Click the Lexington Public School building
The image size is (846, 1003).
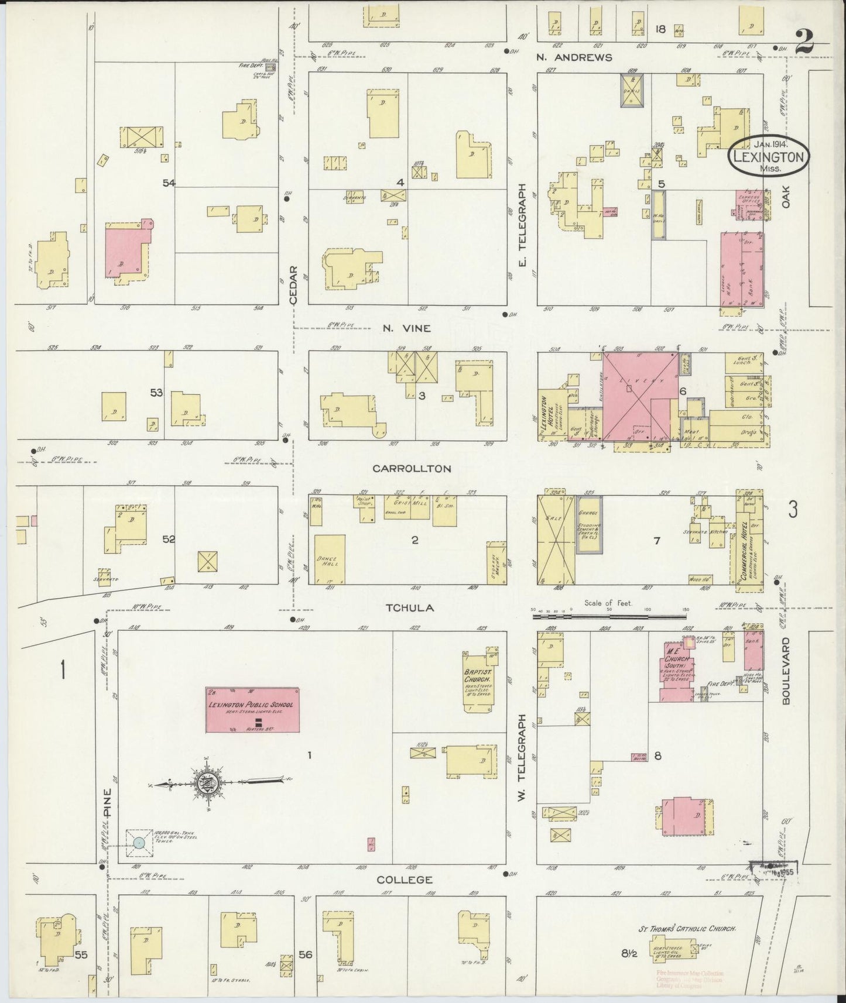coord(252,710)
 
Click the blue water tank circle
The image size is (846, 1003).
coord(139,843)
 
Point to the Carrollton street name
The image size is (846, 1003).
coord(412,469)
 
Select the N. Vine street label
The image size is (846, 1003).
coord(407,328)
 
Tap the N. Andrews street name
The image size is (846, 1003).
coord(574,57)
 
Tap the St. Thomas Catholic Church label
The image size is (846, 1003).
coord(686,929)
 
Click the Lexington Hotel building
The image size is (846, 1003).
coord(552,415)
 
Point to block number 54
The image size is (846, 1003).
coord(169,183)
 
